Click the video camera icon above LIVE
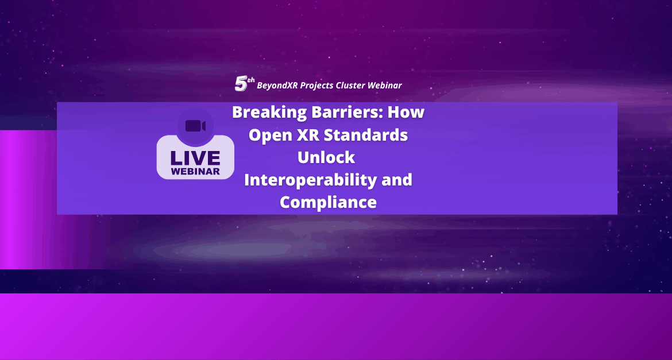[195, 126]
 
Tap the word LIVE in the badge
[195, 158]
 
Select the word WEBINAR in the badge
[195, 172]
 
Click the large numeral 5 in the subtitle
[241, 84]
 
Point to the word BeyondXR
[277, 86]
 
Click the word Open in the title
[268, 136]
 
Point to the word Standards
[365, 135]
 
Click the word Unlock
[326, 157]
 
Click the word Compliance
[329, 202]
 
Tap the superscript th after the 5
[251, 80]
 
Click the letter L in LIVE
[176, 158]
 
